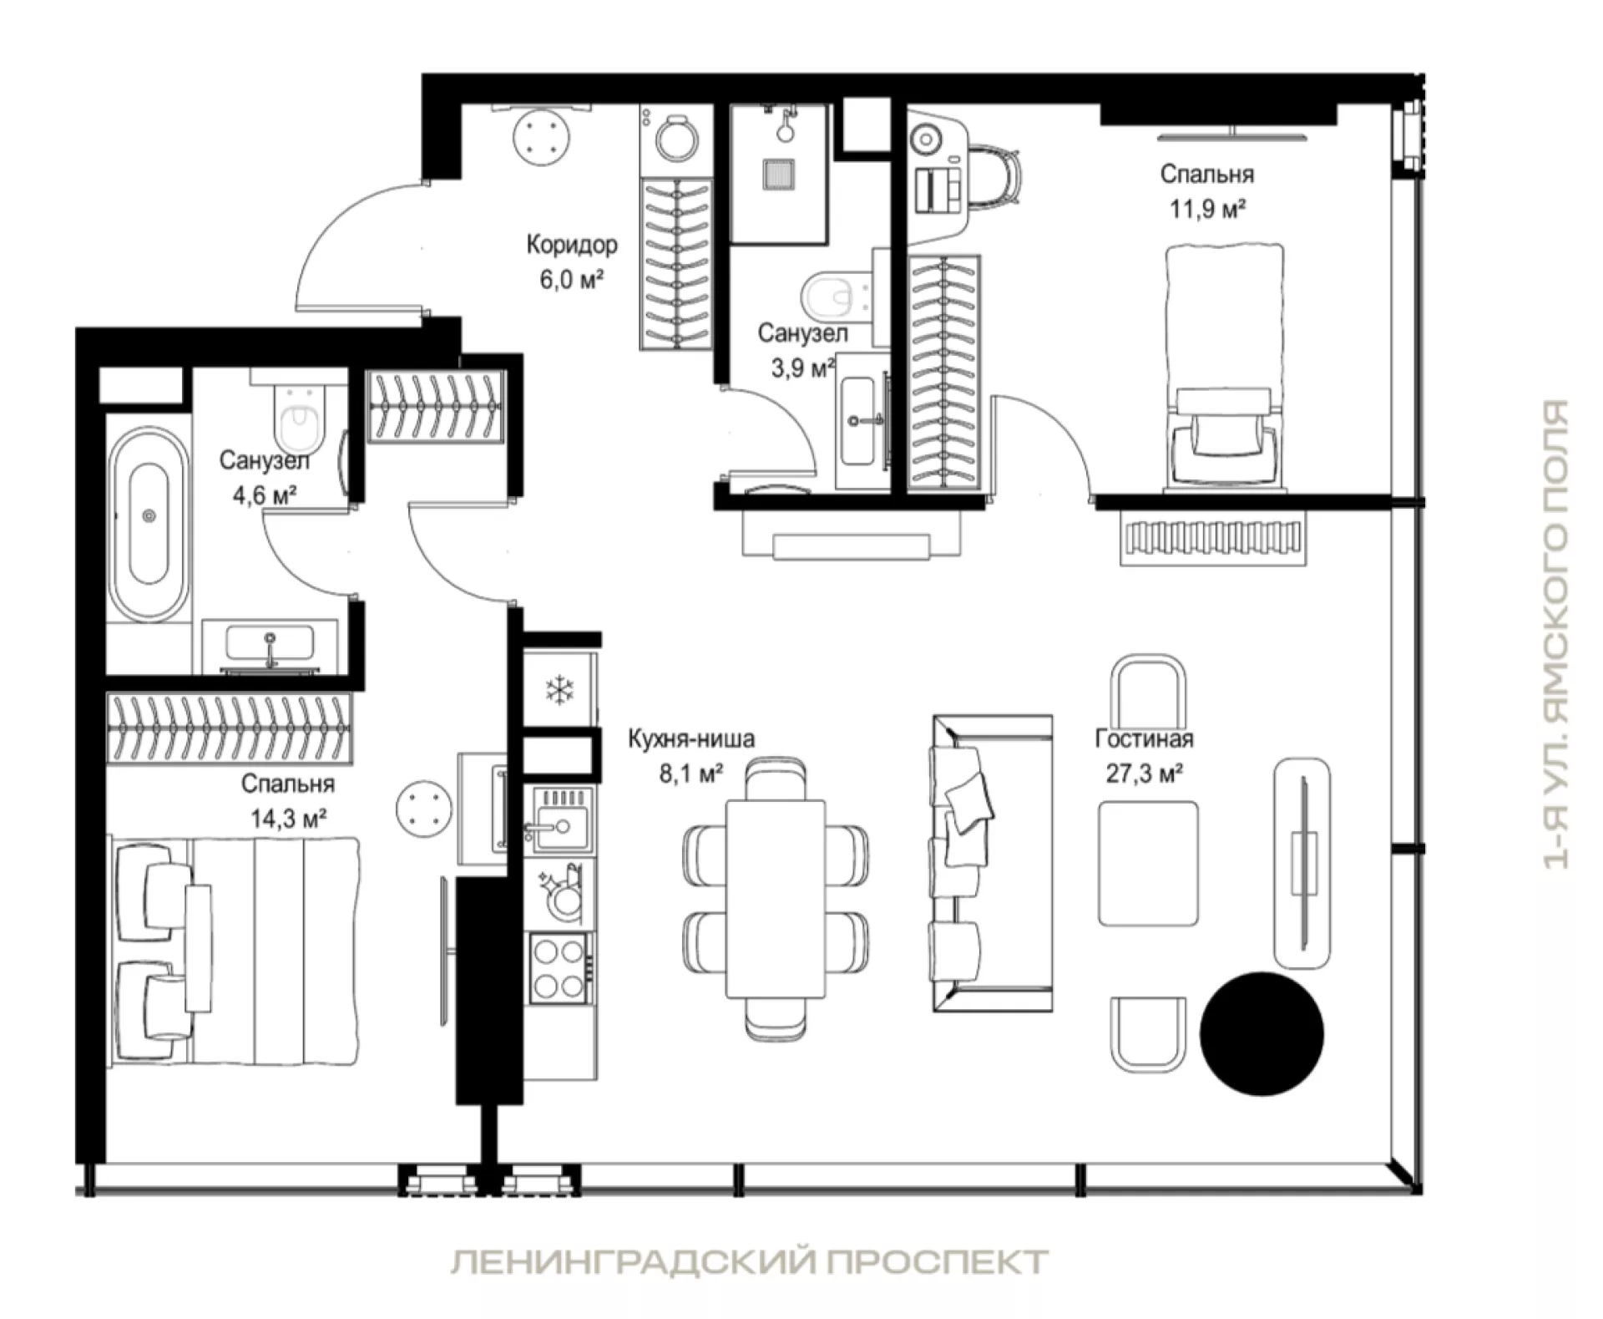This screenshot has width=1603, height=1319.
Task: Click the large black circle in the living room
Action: (1262, 1032)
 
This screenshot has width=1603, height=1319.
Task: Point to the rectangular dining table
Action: (776, 898)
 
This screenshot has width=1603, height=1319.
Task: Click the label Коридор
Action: (572, 245)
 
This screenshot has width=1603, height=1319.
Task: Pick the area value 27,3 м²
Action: (1144, 774)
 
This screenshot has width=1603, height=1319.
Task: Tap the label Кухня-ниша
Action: (691, 738)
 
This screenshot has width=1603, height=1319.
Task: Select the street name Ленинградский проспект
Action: (750, 1261)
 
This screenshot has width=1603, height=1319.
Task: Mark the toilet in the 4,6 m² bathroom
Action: (300, 415)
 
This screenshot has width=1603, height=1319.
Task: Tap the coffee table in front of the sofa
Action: (1148, 864)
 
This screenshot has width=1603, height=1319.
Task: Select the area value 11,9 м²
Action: (1207, 209)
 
